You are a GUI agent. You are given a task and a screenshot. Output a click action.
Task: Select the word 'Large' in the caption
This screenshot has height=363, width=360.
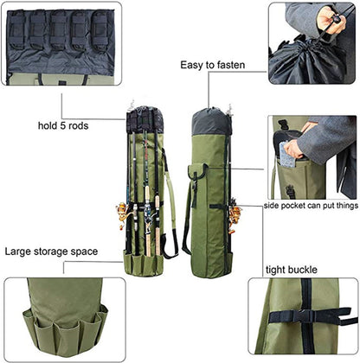point(19,252)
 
